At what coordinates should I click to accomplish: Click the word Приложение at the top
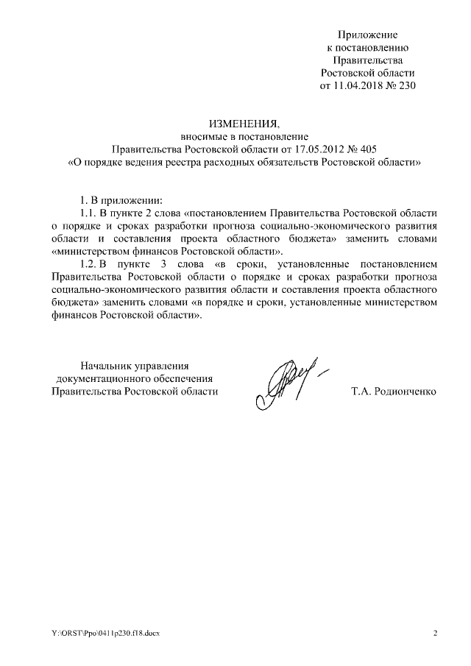click(367, 35)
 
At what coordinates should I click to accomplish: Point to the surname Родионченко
click(405, 392)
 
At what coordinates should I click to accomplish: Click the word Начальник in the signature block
click(108, 365)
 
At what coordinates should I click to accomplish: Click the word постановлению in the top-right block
click(367, 47)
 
